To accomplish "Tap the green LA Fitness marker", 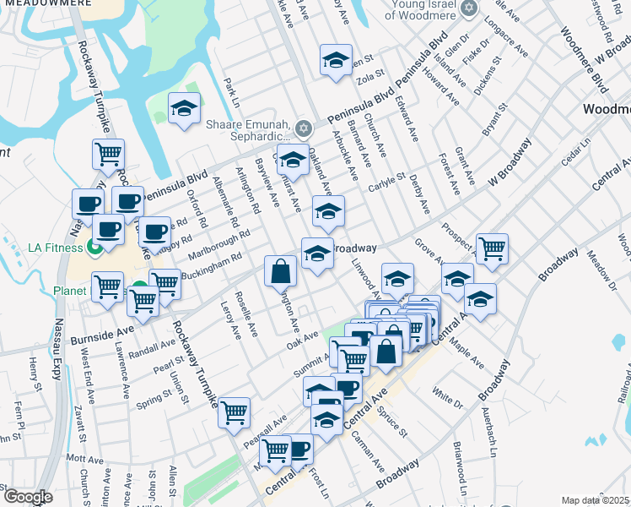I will [93, 247].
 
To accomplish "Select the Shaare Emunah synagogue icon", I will [303, 129].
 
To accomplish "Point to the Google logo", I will [28, 497].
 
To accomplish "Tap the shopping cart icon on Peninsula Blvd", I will [109, 155].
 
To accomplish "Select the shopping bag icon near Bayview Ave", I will [281, 271].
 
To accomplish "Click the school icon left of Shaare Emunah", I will [184, 109].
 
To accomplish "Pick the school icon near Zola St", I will [336, 60].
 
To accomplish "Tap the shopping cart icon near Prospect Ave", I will [492, 248].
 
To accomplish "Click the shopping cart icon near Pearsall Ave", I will [235, 412].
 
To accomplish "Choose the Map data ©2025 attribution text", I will [595, 500].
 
